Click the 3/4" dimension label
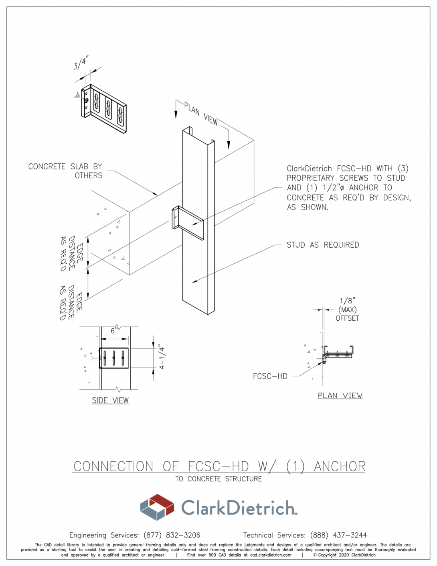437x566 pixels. pos(81,63)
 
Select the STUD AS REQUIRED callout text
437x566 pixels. pos(323,245)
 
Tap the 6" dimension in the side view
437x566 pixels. pos(114,331)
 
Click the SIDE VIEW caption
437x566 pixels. pos(110,401)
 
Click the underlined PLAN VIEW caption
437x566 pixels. pos(340,396)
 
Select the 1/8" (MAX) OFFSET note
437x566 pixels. pos(347,309)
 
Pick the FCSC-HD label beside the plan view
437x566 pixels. pos(270,376)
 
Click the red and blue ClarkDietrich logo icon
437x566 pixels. pos(157,507)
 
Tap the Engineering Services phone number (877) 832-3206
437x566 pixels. pos(172,535)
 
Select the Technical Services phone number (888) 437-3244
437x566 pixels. pos(338,535)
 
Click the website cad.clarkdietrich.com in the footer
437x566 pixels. pos(271,555)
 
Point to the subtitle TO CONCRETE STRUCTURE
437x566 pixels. pos(218,479)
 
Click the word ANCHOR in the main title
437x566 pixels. pos(340,466)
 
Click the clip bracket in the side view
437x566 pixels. pos(114,358)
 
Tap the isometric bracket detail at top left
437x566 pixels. pos(104,108)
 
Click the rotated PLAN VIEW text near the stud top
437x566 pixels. pos(201,114)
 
